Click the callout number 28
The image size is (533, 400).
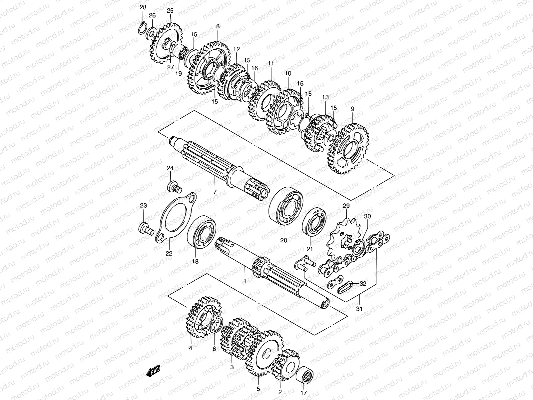143,7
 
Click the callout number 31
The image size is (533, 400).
359,309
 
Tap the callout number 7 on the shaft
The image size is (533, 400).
215,192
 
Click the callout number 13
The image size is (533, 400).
325,97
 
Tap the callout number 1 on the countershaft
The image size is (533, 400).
245,282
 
